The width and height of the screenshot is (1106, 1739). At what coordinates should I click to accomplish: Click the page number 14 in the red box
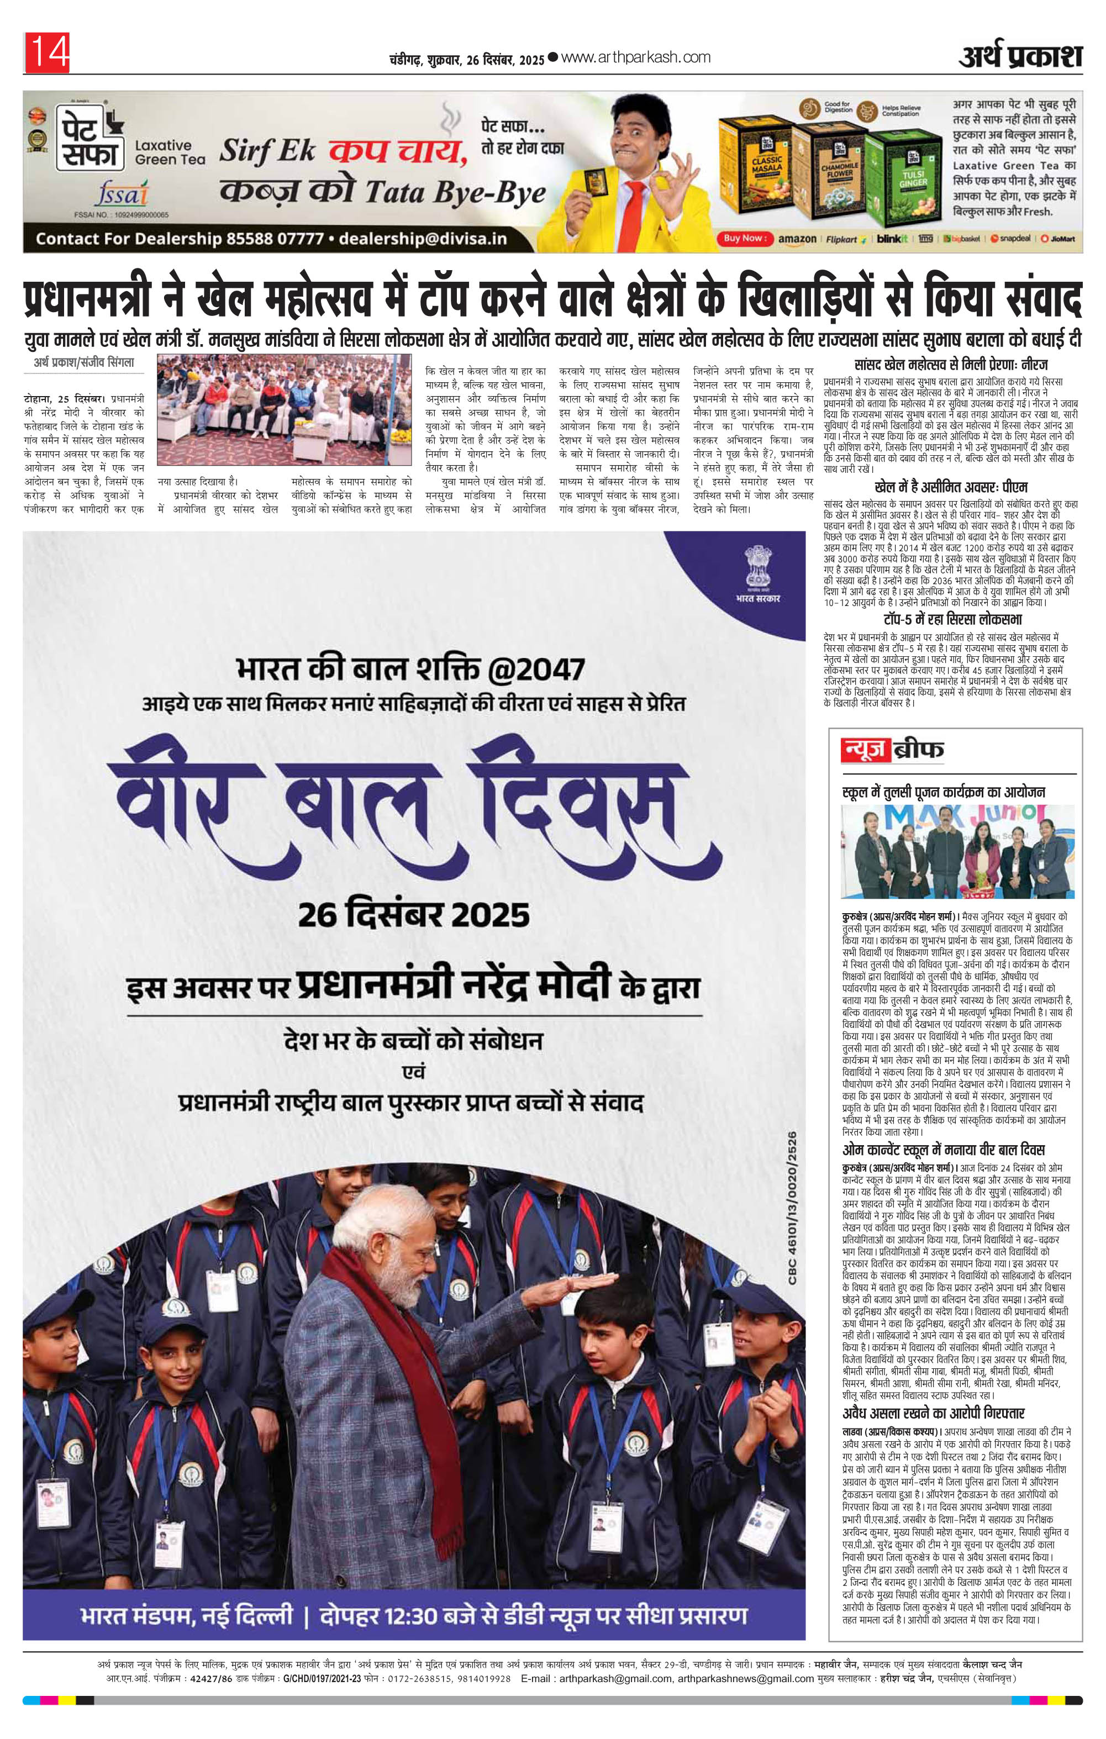pos(47,52)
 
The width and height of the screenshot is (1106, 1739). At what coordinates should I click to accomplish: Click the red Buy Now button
pos(744,238)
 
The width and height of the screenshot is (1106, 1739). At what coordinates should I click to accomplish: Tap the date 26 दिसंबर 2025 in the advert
pos(413,914)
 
